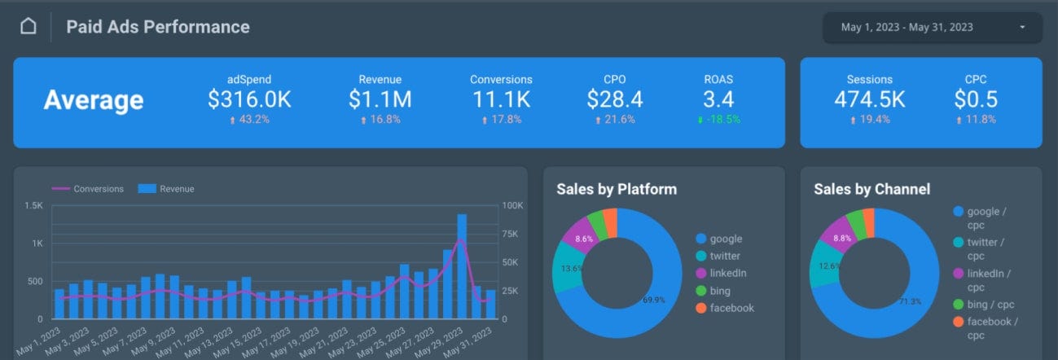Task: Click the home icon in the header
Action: pos(29,27)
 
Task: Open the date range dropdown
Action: pos(933,28)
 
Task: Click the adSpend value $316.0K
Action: pos(249,99)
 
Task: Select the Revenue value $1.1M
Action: pos(380,99)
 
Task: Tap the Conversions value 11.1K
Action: pos(501,99)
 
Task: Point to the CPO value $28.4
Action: pos(615,99)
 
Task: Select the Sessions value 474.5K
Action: pos(869,99)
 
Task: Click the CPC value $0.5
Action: pos(976,99)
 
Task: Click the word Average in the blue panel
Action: pos(94,100)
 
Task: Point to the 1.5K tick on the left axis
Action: pos(34,205)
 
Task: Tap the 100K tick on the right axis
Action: pos(512,205)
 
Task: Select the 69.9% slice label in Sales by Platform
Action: pos(655,300)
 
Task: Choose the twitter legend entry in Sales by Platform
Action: pos(724,257)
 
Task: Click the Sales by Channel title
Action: pos(871,190)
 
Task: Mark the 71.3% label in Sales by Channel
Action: pos(910,301)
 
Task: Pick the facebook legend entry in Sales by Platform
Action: pos(731,308)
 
